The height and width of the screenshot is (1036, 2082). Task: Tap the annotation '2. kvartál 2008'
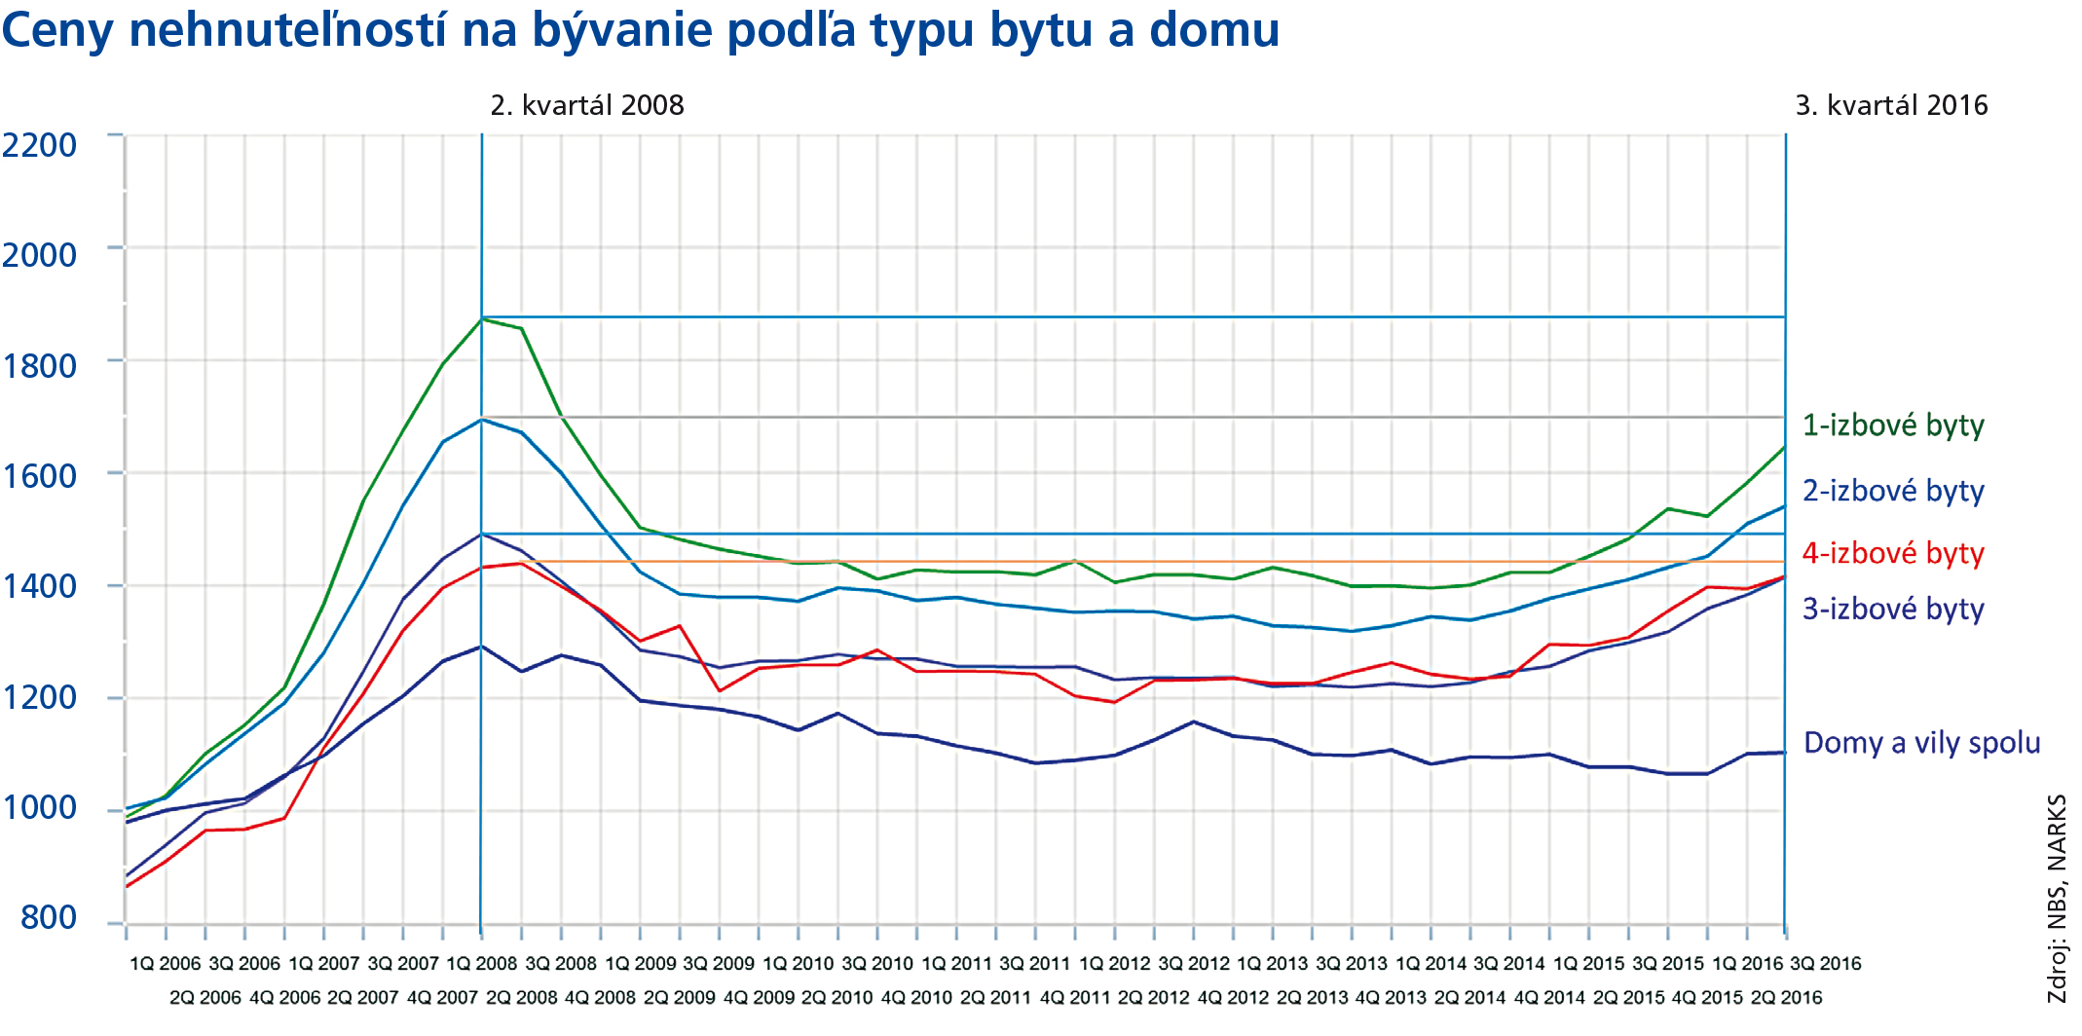587,105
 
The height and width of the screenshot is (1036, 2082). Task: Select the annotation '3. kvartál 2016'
1891,105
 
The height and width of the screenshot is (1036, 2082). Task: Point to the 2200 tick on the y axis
39,145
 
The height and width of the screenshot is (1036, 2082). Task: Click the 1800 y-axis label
39,366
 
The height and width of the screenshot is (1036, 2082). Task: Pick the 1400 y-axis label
39,586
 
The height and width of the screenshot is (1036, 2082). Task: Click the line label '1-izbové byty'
1893,425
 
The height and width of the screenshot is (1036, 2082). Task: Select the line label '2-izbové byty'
1893,491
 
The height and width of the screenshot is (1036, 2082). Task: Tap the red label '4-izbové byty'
1893,553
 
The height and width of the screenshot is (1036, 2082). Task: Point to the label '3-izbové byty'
1893,610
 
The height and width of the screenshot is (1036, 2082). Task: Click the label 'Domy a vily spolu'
1921,743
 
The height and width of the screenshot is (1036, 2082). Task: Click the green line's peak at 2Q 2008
482,318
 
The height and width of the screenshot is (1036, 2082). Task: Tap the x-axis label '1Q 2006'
165,964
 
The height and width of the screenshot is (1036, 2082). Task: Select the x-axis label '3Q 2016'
1825,964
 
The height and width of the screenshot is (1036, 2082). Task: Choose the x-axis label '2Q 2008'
521,998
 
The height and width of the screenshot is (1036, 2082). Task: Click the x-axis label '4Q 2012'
1233,998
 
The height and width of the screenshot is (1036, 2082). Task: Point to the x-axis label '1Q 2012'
1115,964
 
